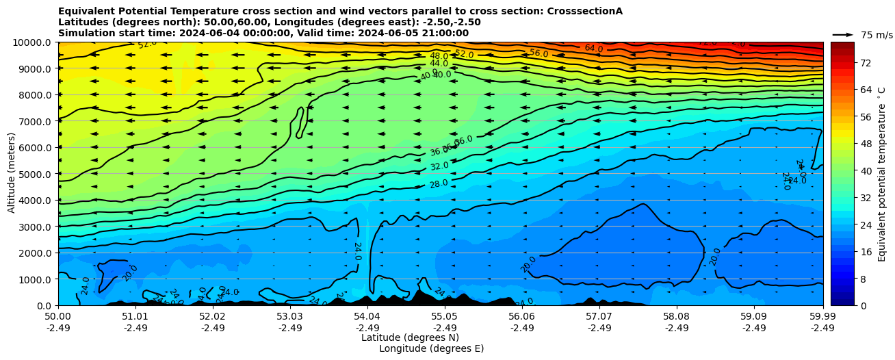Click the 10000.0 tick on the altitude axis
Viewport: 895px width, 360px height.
click(x=32, y=42)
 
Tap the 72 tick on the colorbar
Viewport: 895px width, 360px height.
click(x=865, y=63)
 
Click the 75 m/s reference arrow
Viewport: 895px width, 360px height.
click(x=843, y=34)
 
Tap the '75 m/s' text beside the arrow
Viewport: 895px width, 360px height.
click(x=877, y=35)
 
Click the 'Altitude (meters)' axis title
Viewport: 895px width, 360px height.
click(x=12, y=174)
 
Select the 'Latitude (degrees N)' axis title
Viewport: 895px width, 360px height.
click(x=410, y=337)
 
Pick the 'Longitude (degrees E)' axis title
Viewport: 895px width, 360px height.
click(x=431, y=348)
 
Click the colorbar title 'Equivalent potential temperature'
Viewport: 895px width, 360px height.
click(x=882, y=174)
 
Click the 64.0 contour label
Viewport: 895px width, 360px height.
click(x=593, y=49)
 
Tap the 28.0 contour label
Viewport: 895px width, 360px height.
click(x=439, y=183)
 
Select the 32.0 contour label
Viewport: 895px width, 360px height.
click(x=439, y=166)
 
